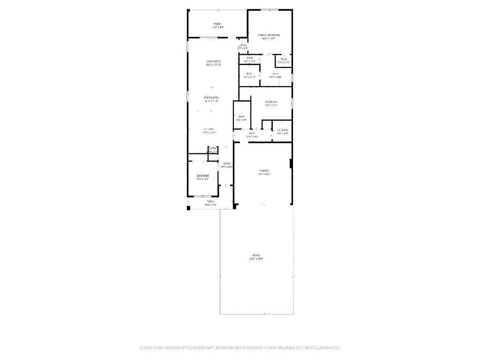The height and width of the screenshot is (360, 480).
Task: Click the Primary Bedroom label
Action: pos(269,35)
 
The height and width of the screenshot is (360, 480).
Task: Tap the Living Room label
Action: pos(213,61)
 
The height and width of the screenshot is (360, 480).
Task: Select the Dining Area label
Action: pos(212,97)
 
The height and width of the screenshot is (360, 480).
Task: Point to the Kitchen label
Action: pos(209,129)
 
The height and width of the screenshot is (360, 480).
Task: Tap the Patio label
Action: pos(256,255)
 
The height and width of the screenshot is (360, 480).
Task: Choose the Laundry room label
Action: pos(282,130)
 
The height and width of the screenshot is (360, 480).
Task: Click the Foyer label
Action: pos(227,163)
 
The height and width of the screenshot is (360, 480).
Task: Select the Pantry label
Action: pos(212,149)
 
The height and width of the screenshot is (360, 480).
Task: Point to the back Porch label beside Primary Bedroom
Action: pos(217,24)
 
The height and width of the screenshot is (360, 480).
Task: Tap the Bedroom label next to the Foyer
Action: pos(202,175)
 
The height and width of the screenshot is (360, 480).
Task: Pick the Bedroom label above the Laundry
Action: pos(271,102)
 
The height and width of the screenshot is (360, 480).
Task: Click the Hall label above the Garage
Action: pos(252,134)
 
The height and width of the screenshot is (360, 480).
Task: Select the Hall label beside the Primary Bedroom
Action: pos(243,45)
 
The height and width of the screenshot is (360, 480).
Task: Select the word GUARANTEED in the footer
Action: pos(323,348)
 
